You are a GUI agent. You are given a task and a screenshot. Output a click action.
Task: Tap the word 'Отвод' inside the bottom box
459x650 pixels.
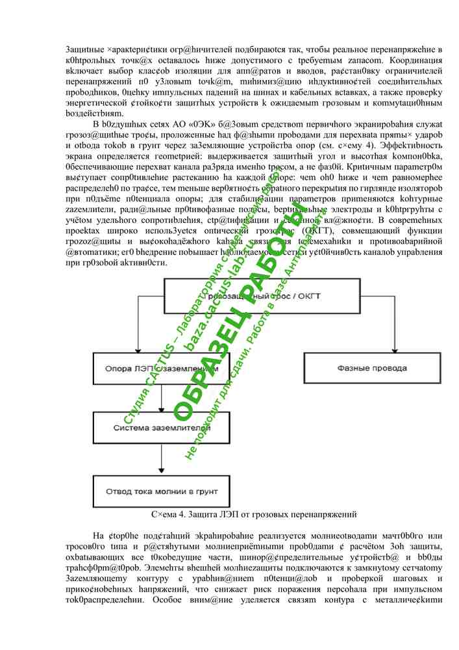(121, 491)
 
